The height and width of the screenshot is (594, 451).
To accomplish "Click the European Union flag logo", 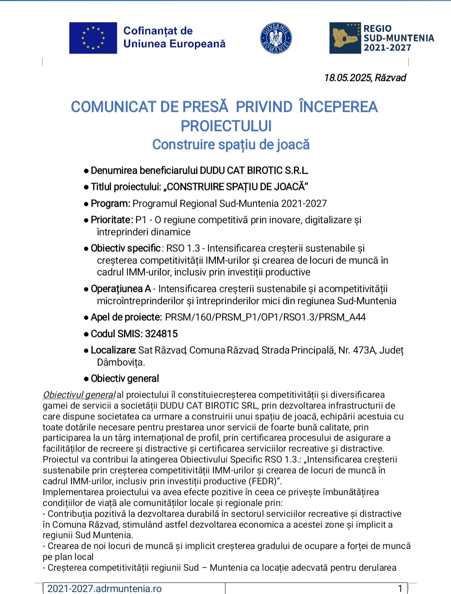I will [x=93, y=38].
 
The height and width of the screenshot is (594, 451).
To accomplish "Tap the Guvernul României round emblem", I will [x=276, y=38].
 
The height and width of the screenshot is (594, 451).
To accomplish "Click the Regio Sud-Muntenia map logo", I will [x=345, y=38].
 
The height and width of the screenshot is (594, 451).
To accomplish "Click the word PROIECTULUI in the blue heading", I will [x=226, y=126].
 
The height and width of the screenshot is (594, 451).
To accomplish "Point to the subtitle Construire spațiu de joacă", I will [x=231, y=145].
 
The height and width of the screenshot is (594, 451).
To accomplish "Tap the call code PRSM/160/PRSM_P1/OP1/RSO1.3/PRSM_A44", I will [x=265, y=317].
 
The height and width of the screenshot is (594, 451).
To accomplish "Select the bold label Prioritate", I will [x=111, y=220].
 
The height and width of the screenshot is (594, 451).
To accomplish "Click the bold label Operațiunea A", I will [x=121, y=289].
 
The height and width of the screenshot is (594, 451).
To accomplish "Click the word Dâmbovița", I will [x=120, y=362].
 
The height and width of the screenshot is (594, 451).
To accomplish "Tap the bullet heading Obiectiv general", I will [x=125, y=379].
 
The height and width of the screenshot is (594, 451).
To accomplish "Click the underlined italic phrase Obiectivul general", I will [x=79, y=395].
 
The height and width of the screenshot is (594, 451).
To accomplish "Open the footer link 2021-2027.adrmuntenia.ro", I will [x=104, y=589].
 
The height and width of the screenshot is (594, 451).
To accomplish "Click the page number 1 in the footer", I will [x=400, y=589].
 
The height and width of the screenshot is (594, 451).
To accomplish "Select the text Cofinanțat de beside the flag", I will [x=158, y=31].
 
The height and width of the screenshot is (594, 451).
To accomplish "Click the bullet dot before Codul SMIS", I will [x=86, y=334].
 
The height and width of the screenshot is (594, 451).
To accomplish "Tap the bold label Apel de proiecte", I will [x=126, y=317].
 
